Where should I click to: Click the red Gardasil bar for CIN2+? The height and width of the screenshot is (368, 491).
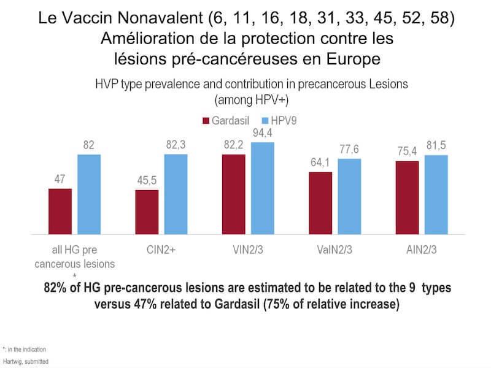[147, 212]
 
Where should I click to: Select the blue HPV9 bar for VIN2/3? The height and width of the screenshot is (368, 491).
[263, 188]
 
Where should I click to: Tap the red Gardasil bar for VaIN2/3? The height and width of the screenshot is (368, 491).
[320, 203]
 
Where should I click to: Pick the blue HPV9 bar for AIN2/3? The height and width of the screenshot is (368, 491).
[436, 194]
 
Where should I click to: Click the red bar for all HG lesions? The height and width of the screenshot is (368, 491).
[60, 212]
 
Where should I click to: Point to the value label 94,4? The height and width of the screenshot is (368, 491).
[263, 133]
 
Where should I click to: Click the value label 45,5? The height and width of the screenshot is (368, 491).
[147, 181]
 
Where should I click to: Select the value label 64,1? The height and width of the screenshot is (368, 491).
[320, 163]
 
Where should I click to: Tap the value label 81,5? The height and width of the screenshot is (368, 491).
[436, 146]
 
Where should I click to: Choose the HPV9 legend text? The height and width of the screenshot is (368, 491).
[284, 121]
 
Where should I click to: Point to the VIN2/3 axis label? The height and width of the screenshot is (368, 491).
[248, 250]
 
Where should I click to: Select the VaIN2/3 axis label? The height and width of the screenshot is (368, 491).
[335, 250]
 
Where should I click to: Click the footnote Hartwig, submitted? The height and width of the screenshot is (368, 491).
[25, 361]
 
